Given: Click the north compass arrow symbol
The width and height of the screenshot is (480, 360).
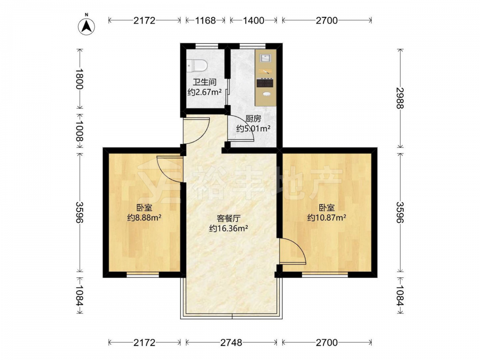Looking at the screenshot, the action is pos(86,26).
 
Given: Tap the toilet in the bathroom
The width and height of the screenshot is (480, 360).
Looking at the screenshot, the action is pos(197,65).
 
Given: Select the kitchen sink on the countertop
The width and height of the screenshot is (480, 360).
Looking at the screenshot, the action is pos(265,58).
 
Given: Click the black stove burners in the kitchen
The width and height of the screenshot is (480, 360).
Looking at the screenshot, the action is pos(265,83).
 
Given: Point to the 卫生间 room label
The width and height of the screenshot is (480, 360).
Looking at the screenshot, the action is pos(204,82).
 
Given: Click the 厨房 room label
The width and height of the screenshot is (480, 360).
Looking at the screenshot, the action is pos(253,119).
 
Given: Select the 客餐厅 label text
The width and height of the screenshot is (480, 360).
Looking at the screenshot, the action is pos(228,218).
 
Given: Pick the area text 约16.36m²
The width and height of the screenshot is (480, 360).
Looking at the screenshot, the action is pos(228,228).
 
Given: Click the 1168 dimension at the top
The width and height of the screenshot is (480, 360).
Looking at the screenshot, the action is pos(205,21).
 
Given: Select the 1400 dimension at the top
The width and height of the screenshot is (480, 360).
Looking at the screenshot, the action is pos(253,21).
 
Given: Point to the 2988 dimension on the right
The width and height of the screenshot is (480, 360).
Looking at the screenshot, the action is pos(400,98).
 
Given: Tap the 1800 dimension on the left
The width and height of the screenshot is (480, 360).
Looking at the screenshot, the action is pos(80,79).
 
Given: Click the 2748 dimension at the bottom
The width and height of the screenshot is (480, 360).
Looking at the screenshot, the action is pos(231,343).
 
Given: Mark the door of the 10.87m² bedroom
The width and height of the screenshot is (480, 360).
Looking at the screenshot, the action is pos(293,251).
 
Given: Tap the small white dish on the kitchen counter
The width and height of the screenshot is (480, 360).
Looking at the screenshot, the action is pos(267,94).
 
